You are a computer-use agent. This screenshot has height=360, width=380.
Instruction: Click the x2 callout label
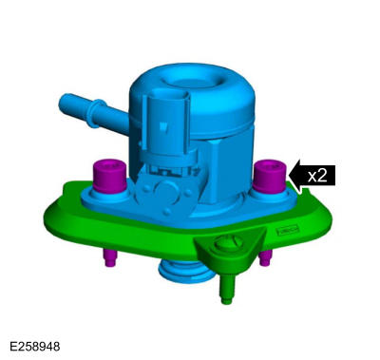(317, 175)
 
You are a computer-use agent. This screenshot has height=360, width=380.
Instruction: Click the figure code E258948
(34, 347)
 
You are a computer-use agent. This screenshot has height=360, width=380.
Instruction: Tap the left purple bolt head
(108, 176)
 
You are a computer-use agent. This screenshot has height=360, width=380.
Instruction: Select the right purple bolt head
(270, 176)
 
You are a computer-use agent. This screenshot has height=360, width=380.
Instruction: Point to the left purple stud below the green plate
(110, 257)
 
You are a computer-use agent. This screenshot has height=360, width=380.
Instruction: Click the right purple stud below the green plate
(265, 257)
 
